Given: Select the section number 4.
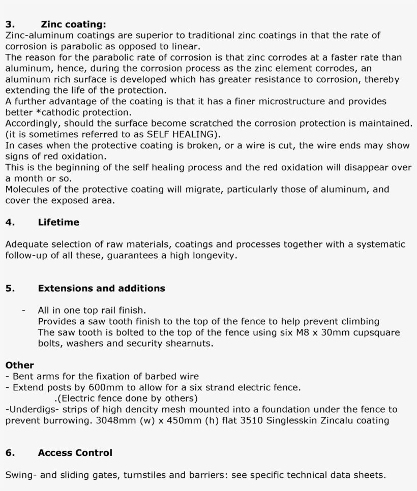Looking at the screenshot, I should tap(9, 222).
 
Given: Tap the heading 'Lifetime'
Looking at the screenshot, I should tap(58, 222).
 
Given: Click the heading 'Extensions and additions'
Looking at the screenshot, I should tap(101, 288).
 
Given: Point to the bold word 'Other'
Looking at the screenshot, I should tap(19, 365).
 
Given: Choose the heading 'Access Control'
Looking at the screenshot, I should tap(75, 452).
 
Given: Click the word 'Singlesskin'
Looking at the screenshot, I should tap(292, 420).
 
